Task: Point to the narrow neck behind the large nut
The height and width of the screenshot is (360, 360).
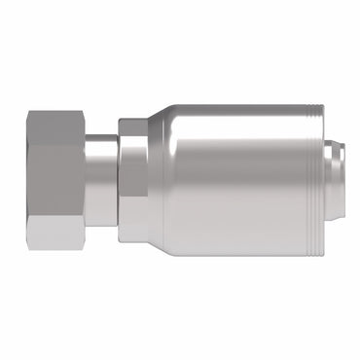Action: point(100,180)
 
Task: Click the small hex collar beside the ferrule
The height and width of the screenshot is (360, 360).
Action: point(132,180)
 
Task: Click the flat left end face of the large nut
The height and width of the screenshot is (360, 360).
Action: point(26,180)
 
